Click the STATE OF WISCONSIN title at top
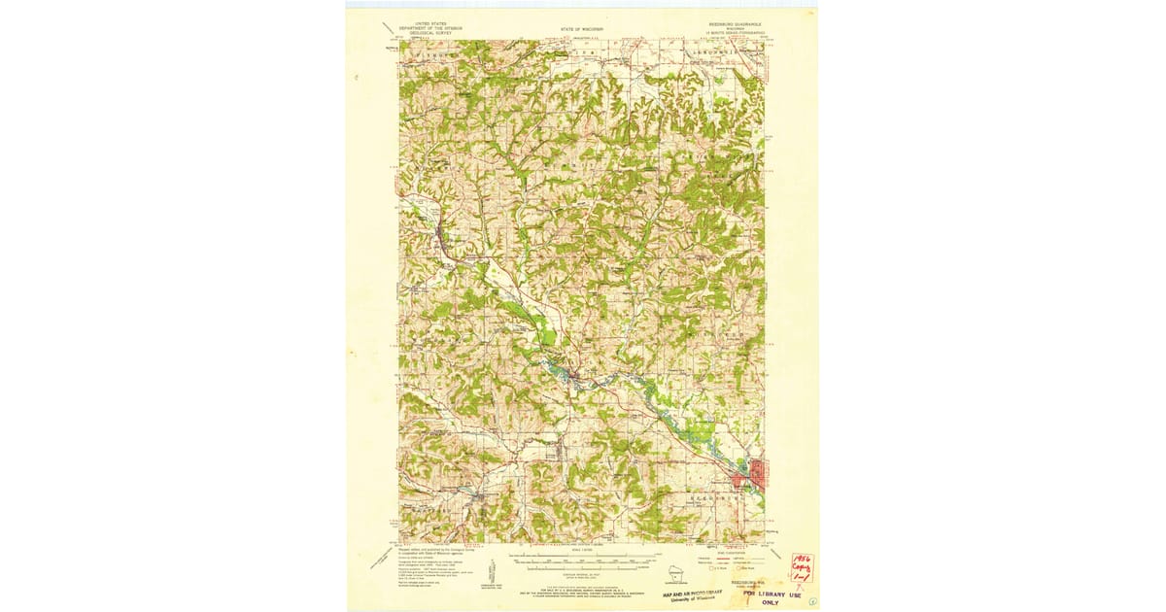pos(583,30)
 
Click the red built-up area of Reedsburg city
pos(753,476)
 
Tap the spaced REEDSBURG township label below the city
pos(696,496)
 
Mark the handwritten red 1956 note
pos(803,561)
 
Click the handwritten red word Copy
pos(803,571)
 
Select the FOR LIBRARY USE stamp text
pos(766,593)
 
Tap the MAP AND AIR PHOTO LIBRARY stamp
pos(694,593)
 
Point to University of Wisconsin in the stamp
pos(694,599)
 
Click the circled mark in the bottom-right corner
pos(811,602)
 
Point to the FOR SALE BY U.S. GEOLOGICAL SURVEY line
pos(583,590)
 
